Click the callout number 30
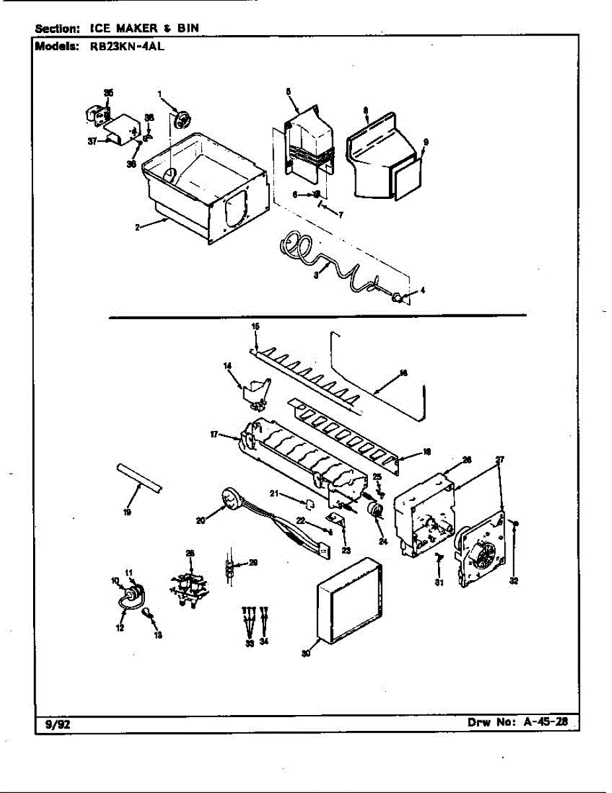pyautogui.click(x=306, y=654)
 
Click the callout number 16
pyautogui.click(x=404, y=373)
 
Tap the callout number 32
pyautogui.click(x=513, y=582)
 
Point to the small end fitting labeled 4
pyautogui.click(x=400, y=298)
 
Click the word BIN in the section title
pyautogui.click(x=188, y=28)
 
